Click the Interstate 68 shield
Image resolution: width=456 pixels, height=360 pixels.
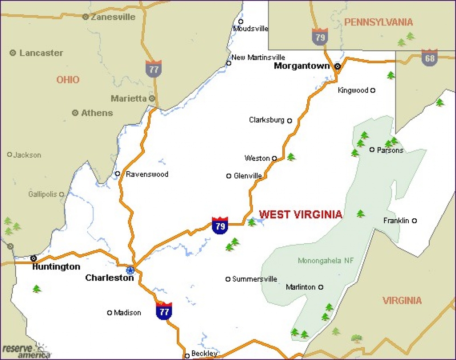[x=429, y=57]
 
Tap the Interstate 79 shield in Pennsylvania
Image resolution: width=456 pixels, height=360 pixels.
[x=320, y=36]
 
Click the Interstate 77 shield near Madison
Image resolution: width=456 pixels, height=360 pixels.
[x=164, y=311]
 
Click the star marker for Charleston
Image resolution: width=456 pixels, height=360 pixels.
[x=130, y=270]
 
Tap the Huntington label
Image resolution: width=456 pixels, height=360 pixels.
[x=56, y=267]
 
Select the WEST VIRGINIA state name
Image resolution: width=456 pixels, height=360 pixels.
[x=301, y=214]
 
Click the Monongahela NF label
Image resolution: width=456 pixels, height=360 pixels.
[x=326, y=261]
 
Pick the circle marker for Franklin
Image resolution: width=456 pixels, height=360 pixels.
[x=414, y=221]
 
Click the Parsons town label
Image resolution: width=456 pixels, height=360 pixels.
[x=390, y=150]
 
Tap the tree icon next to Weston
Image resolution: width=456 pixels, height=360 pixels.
[x=291, y=157]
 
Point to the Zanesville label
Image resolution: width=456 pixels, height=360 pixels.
[x=113, y=17]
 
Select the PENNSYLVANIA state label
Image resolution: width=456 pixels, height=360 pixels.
[x=379, y=22]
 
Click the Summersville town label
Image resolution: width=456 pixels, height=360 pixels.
[x=255, y=279]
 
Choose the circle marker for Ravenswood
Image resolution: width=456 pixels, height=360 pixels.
[x=118, y=174]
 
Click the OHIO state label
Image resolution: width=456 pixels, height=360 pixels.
[x=68, y=80]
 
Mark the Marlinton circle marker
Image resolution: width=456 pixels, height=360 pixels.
[x=321, y=287]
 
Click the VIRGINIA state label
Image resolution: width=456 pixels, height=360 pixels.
[x=402, y=300]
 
